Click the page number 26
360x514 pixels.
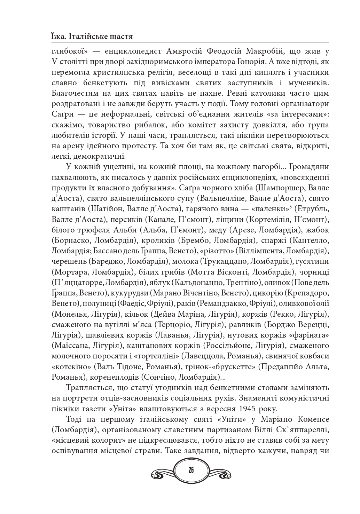(191, 470)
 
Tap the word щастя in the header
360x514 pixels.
(120, 36)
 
